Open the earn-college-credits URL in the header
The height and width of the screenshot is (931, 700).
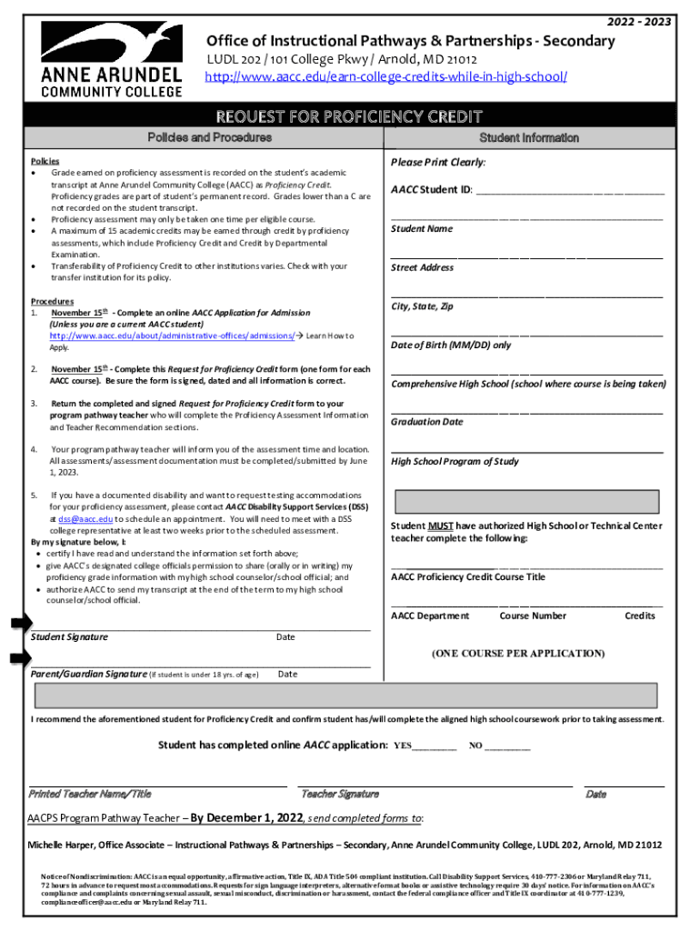click(x=386, y=77)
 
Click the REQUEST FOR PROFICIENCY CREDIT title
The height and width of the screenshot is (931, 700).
click(x=348, y=116)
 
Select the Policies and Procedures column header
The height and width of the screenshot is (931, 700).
click(x=209, y=137)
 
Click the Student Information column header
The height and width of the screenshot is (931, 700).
click(x=528, y=138)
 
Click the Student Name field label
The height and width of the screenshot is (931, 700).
click(x=422, y=229)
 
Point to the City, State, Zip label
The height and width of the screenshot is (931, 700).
click(x=423, y=306)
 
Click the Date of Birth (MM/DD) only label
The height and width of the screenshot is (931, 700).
click(x=451, y=345)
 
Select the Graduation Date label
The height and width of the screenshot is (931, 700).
click(x=427, y=422)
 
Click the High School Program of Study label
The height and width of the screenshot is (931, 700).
click(x=455, y=461)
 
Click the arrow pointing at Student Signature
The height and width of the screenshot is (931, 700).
click(x=20, y=623)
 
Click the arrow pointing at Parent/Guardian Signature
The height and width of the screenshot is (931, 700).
click(x=20, y=659)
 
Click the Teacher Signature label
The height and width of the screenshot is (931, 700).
click(x=340, y=794)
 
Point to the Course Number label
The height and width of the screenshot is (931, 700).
click(x=533, y=616)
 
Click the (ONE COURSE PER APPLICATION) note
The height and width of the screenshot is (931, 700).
click(x=517, y=654)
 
